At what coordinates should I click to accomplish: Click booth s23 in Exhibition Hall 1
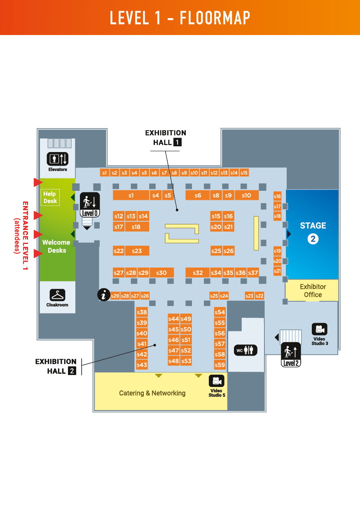(137, 251)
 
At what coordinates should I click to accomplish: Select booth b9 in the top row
(184, 173)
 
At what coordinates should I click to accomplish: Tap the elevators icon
(57, 159)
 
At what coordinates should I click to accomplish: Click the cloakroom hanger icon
(57, 295)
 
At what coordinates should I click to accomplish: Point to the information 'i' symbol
(104, 295)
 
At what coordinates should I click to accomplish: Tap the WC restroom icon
(245, 350)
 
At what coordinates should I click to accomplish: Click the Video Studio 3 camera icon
(319, 329)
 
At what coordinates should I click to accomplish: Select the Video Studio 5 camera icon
(217, 381)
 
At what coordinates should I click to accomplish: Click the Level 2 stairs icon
(291, 355)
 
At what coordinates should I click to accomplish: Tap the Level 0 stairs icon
(90, 205)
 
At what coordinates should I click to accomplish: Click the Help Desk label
(50, 197)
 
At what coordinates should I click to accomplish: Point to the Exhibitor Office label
(313, 291)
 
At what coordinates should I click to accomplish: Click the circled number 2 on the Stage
(313, 239)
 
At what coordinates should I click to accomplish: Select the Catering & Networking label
(152, 393)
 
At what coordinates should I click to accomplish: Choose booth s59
(220, 365)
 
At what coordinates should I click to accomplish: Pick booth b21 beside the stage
(278, 271)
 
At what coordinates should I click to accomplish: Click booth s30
(161, 273)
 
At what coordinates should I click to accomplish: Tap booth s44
(174, 319)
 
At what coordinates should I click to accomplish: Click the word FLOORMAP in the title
(215, 18)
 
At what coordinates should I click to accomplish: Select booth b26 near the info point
(145, 296)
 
